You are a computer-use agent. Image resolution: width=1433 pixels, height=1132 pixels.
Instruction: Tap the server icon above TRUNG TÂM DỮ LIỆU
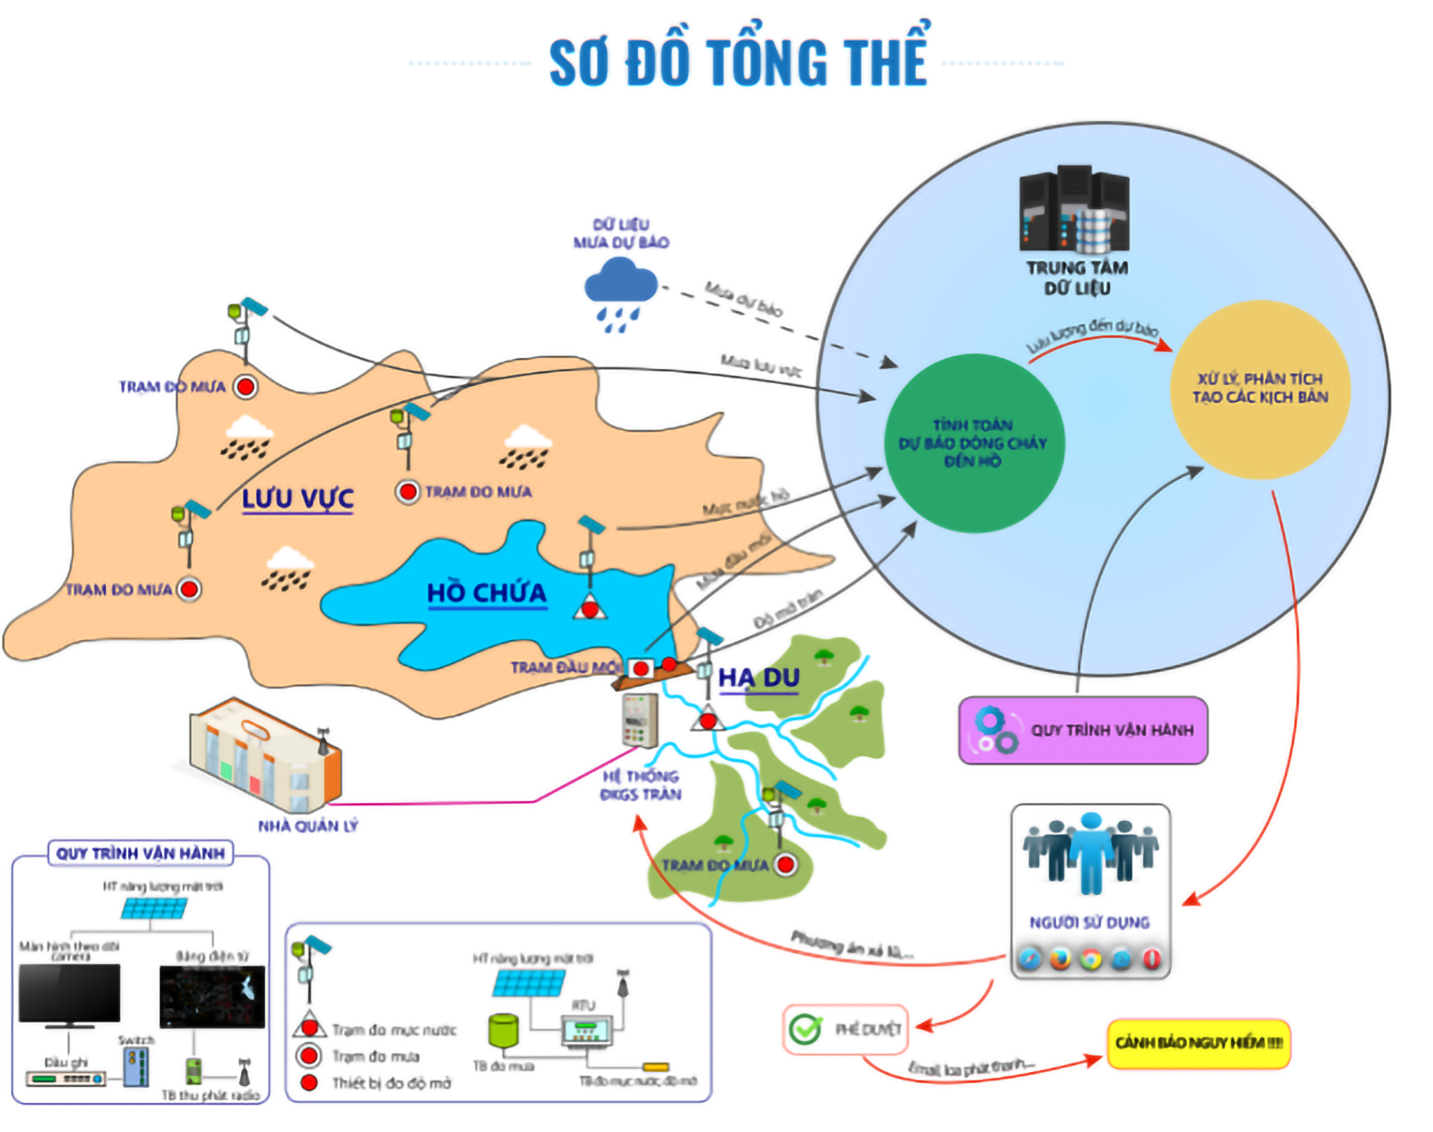tap(1074, 209)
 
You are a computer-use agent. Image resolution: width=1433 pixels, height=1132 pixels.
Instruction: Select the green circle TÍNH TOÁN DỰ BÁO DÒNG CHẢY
tap(974, 443)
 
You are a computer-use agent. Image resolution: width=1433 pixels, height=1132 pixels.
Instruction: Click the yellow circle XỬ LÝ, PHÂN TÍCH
tap(1260, 389)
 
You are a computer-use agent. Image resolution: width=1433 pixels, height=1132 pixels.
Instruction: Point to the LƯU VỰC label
tap(297, 499)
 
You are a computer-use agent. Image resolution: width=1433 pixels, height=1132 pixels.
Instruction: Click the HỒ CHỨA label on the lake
tap(486, 592)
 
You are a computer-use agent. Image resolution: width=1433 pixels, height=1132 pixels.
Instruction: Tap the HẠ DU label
tap(759, 678)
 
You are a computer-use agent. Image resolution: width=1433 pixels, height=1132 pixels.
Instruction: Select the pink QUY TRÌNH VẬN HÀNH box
tap(1083, 730)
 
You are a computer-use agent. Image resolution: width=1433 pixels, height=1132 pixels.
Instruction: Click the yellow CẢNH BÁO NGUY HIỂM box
tap(1198, 1044)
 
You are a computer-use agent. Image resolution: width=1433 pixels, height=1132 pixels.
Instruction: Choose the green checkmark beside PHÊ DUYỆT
tap(805, 1029)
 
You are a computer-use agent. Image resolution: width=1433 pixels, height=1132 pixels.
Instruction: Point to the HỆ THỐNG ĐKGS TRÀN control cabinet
tap(639, 720)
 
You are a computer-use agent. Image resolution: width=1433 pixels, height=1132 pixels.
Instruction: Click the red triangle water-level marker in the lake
tap(590, 610)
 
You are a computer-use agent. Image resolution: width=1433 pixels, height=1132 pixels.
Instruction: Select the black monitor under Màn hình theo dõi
tap(70, 994)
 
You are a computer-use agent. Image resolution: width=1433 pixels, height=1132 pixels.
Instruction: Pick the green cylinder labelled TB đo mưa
tap(503, 1029)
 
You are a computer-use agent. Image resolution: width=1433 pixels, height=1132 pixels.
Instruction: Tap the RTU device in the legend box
tap(586, 1030)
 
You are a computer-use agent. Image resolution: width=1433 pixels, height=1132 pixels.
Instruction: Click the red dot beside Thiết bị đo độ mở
tap(309, 1083)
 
